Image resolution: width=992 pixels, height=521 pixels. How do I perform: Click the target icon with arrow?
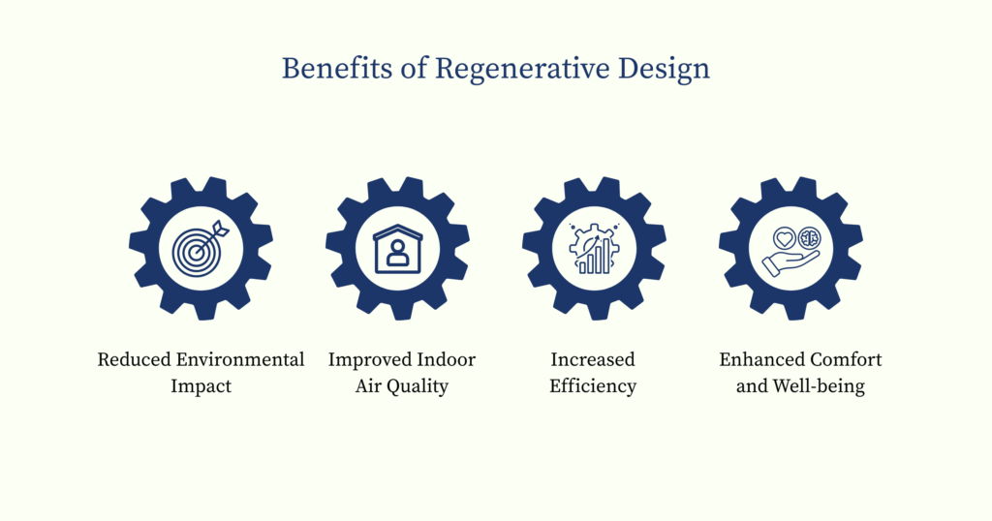click(x=201, y=248)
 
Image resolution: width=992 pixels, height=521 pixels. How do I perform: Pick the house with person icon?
click(x=398, y=248)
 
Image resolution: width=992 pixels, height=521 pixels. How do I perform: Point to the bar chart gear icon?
click(x=593, y=249)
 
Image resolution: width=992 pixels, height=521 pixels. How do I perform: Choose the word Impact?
click(x=201, y=387)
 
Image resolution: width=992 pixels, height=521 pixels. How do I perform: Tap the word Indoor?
click(x=446, y=360)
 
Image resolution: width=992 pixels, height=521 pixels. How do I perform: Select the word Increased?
click(x=593, y=360)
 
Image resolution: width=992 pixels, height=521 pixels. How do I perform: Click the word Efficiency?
click(x=593, y=387)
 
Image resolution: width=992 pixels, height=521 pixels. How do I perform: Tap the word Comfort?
click(x=848, y=360)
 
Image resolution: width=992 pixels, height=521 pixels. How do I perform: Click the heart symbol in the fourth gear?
click(x=782, y=237)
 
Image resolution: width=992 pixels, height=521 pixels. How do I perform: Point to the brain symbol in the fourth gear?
click(x=808, y=238)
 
